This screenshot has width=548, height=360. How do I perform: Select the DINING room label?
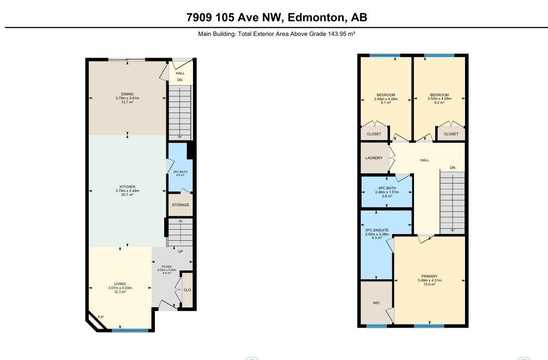[x=127, y=94]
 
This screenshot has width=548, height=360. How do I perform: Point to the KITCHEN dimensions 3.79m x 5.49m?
[x=127, y=191]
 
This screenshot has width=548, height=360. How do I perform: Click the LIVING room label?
[x=120, y=284]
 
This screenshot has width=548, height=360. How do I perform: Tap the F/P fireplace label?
[x=101, y=317]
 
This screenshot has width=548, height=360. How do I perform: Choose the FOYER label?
[x=166, y=266]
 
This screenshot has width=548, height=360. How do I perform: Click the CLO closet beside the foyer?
[x=187, y=290]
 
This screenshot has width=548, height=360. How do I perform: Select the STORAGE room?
[x=181, y=205]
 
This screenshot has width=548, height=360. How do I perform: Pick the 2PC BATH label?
[x=180, y=172]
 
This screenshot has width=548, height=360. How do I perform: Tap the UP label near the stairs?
[x=181, y=251]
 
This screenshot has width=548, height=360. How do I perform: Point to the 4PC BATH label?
[x=387, y=188]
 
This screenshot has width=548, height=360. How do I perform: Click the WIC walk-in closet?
[x=377, y=302]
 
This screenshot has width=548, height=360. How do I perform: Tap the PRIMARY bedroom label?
[x=430, y=276]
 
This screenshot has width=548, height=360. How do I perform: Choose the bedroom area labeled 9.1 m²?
[x=386, y=103]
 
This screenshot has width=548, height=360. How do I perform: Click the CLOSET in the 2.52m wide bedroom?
[x=451, y=134]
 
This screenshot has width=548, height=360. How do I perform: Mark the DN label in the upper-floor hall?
[x=453, y=168]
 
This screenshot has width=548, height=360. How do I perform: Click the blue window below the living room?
[x=130, y=330]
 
